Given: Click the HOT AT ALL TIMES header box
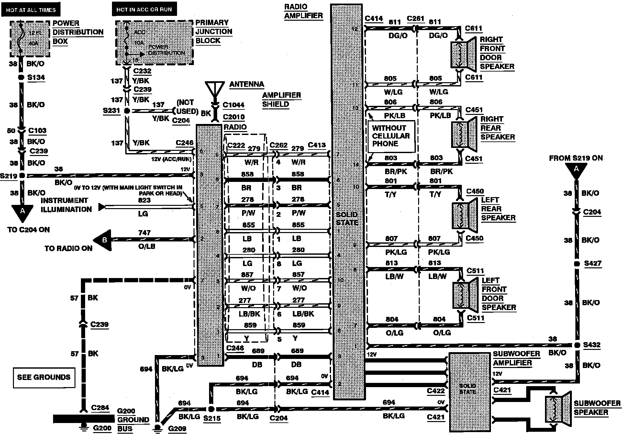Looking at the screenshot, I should (x=31, y=10).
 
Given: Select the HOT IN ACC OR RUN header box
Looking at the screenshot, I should (x=144, y=9).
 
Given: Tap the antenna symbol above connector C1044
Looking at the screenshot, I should (x=215, y=89).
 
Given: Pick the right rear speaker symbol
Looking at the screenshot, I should (x=464, y=134).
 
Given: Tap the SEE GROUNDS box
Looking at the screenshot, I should (x=44, y=377).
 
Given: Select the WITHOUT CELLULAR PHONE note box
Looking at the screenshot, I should (x=391, y=136).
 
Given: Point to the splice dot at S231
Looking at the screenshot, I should (x=127, y=111).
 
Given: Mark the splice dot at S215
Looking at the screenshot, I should (x=211, y=409).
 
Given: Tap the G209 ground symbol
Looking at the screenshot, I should (x=158, y=427).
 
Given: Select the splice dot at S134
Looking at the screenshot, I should (x=21, y=77).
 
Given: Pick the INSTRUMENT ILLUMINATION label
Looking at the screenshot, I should (x=66, y=205).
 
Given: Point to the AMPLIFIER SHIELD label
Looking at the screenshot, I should (x=281, y=100).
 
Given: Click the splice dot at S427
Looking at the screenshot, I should (x=576, y=264).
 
